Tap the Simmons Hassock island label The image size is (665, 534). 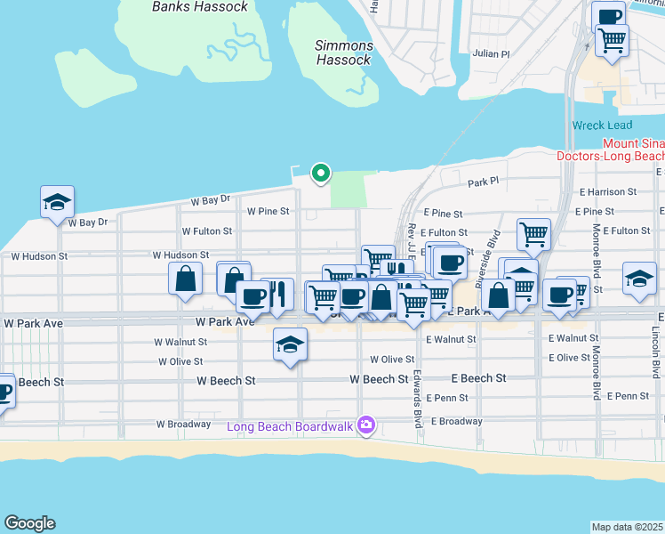(x=344, y=53)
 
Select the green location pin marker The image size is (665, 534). (x=319, y=173)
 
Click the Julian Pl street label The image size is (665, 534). (x=492, y=53)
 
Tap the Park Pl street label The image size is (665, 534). (x=485, y=182)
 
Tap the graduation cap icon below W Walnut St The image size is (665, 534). (x=290, y=344)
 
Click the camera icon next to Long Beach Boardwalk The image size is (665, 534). (x=365, y=426)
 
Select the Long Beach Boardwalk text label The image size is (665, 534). (x=290, y=426)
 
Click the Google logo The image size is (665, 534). (x=29, y=523)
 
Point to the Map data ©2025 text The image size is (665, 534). (x=627, y=527)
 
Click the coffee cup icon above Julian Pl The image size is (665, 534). (x=610, y=17)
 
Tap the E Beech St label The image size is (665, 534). (x=478, y=378)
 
